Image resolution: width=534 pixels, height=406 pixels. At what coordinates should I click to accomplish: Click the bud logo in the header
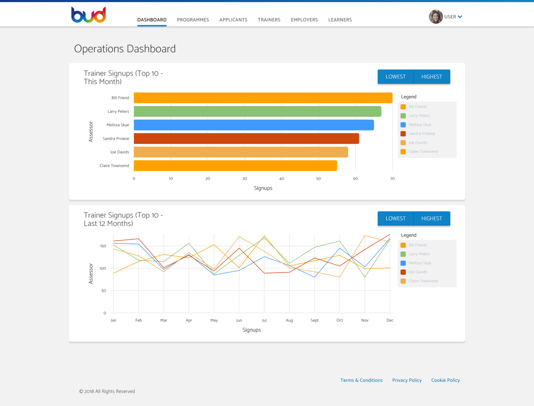coord(89,15)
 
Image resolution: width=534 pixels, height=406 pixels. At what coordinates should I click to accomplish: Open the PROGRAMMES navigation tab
coord(193,20)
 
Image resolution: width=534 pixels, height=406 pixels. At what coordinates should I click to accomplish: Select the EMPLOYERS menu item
coord(304,20)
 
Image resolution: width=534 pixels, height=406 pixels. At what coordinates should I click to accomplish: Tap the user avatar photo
coord(436,16)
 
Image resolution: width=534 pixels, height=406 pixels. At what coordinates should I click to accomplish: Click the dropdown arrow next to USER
coord(460,17)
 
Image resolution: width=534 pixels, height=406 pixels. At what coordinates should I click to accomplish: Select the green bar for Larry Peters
coord(257,111)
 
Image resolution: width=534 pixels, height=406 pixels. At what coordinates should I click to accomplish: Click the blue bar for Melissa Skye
coord(254,125)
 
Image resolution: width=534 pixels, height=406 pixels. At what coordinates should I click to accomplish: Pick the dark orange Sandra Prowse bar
coord(246,139)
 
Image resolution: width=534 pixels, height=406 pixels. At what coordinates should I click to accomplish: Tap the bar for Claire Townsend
coord(235,166)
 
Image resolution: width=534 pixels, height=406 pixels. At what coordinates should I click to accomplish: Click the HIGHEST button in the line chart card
coord(432,218)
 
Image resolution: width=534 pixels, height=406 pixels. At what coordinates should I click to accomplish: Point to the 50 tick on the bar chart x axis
coord(319,179)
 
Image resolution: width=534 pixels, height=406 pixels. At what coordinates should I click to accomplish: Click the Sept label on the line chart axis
coord(315,320)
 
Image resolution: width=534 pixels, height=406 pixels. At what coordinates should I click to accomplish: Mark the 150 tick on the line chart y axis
coord(103,246)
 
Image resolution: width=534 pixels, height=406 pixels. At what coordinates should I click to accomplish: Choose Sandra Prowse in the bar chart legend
coord(421,133)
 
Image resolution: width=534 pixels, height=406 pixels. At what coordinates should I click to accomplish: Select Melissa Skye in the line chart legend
coord(420,263)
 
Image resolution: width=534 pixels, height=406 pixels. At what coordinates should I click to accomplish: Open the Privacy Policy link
coord(407,380)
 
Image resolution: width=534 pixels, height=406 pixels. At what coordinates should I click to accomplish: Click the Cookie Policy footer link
coord(445,380)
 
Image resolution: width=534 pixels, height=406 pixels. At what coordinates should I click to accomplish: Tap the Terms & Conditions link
coord(361,380)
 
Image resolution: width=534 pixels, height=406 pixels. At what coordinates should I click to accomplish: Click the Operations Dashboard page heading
coord(125,49)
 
